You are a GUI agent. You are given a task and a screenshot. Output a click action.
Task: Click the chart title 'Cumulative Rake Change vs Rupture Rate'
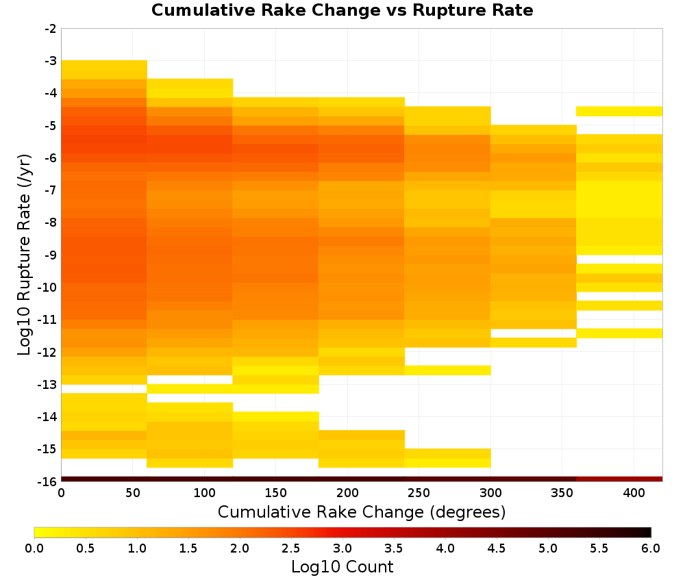342,10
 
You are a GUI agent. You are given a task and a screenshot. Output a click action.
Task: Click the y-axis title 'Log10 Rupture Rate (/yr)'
25,255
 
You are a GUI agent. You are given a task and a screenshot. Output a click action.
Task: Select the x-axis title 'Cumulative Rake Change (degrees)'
362,511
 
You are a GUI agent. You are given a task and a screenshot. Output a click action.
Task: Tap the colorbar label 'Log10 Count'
342,567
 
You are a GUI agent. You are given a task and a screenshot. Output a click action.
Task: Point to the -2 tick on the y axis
51,29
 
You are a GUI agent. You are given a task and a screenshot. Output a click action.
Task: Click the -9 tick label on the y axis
51,255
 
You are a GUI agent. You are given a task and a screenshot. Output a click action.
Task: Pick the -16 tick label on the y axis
48,481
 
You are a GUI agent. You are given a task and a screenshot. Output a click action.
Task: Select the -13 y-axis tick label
48,385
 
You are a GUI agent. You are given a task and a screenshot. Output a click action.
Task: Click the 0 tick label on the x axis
61,493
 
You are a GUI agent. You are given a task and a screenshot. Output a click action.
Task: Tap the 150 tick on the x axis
276,493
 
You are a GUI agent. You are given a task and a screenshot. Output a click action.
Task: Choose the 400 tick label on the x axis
634,493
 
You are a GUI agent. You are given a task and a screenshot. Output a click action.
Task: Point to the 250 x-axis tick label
419,493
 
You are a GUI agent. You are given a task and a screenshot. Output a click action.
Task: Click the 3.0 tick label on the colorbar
342,548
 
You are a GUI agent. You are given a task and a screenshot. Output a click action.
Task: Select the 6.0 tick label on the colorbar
651,548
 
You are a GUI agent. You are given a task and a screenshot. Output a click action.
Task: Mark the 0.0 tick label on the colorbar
34,548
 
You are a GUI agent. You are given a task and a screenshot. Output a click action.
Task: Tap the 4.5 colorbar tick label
497,548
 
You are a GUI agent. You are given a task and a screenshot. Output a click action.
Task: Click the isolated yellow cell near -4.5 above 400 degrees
619,112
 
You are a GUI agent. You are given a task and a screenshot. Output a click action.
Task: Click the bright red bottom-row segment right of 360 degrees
619,479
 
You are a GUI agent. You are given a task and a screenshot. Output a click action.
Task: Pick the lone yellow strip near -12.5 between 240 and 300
448,370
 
